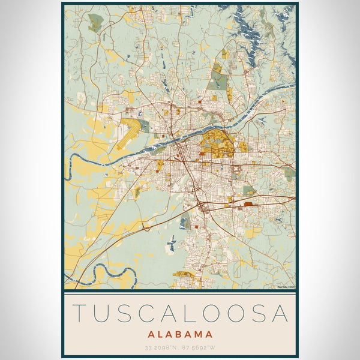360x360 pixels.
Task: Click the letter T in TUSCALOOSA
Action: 79,313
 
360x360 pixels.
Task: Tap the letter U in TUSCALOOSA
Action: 103,313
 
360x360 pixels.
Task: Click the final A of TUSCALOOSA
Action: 280,313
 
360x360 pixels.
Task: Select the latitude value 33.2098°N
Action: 161,347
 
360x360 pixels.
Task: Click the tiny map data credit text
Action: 285,287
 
